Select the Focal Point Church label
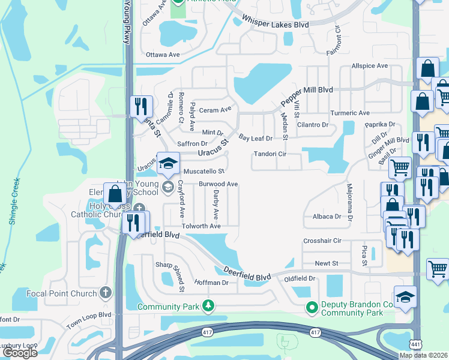coord(62,293)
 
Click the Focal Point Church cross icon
coord(106,293)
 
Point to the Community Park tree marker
coord(208,306)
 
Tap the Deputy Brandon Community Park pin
coord(312,308)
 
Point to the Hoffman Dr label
coord(211,282)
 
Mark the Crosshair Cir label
coord(322,241)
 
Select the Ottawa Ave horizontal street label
coord(163,55)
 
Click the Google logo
coord(20,353)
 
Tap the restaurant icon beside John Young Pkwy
coord(141,107)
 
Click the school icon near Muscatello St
coord(168,163)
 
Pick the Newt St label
coord(327,263)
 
